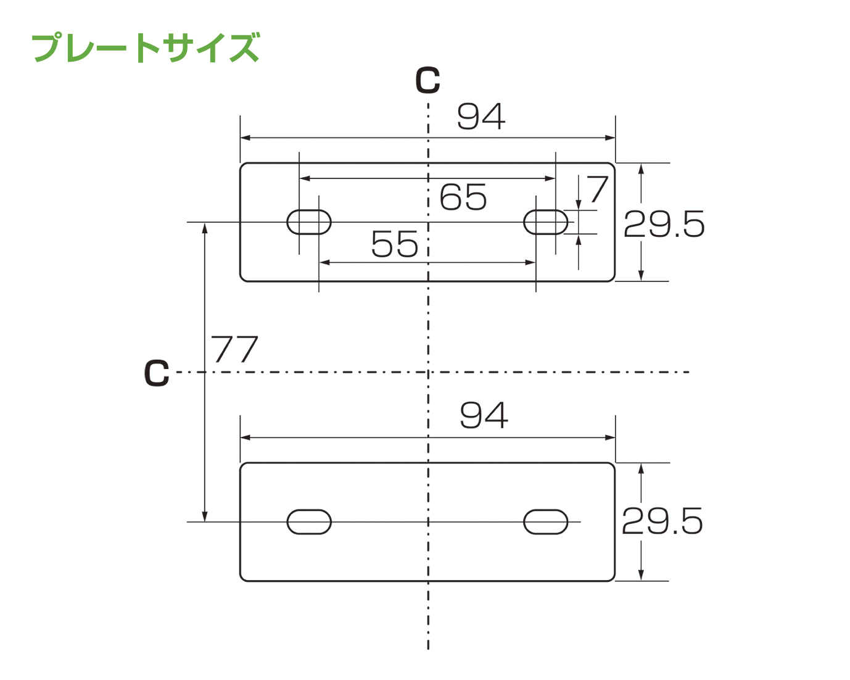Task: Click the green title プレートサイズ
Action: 145,48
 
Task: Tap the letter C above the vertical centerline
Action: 427,81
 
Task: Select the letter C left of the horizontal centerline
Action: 157,373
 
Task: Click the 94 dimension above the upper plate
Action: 481,116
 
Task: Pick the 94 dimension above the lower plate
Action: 484,415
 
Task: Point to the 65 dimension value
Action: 463,197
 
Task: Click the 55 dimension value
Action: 395,244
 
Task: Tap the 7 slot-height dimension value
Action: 598,189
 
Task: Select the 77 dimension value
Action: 234,349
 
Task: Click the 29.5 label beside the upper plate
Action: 664,224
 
